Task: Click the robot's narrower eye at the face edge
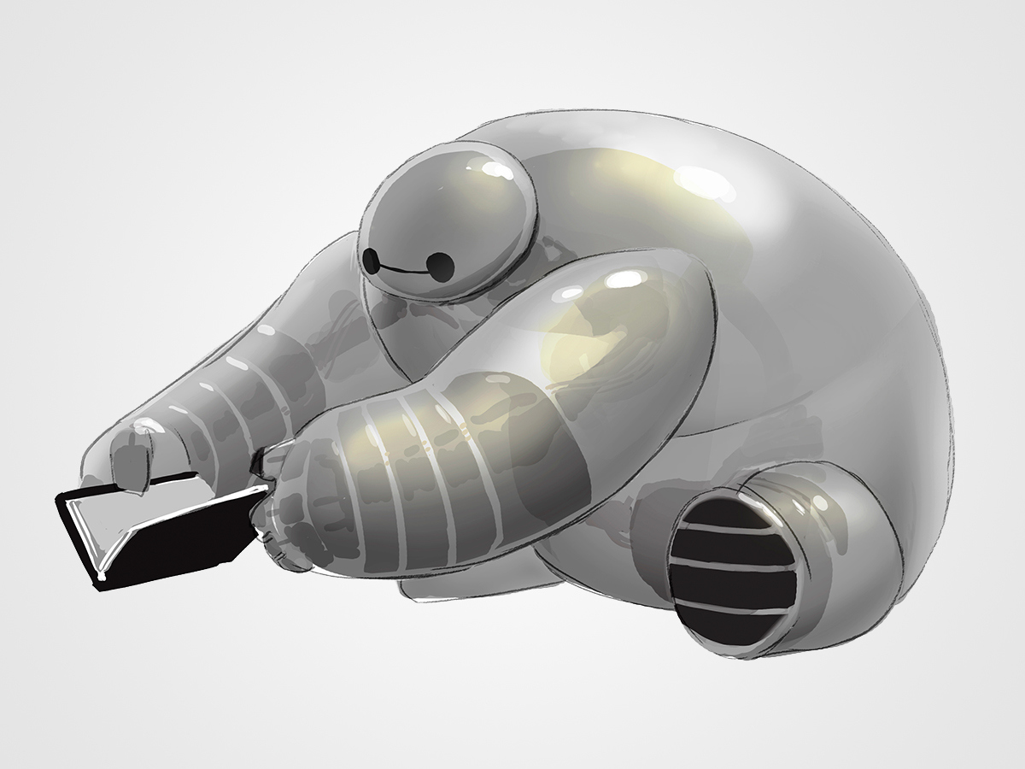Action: pyautogui.click(x=371, y=258)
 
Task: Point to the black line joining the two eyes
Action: pyautogui.click(x=403, y=271)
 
